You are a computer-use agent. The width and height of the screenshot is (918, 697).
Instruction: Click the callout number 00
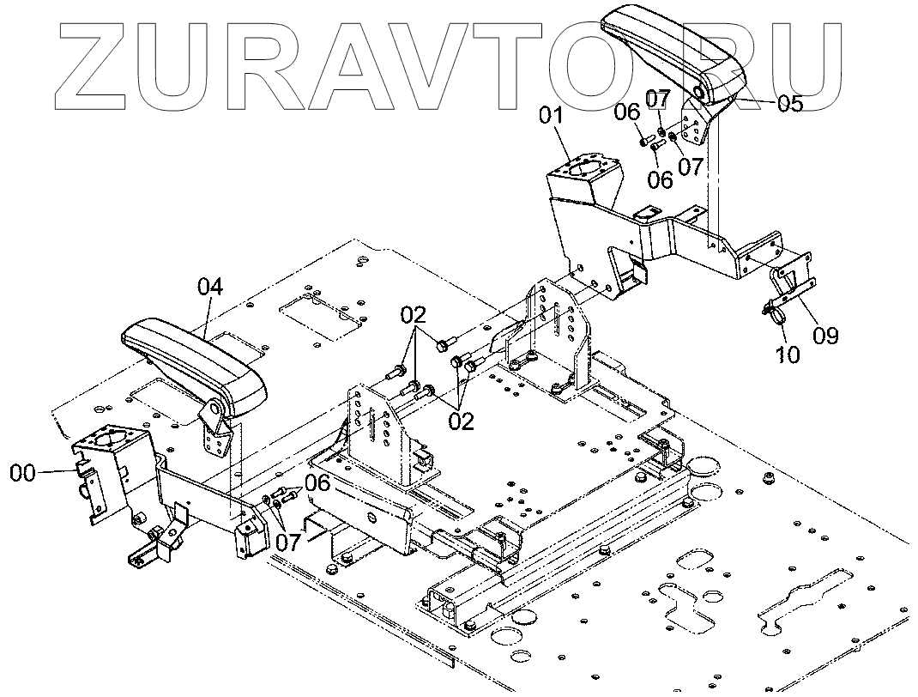(x=23, y=471)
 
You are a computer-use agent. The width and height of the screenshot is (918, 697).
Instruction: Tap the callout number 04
(x=210, y=288)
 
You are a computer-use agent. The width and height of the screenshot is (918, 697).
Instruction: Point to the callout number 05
(x=789, y=104)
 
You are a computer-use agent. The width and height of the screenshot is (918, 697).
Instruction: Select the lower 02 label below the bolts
(x=460, y=422)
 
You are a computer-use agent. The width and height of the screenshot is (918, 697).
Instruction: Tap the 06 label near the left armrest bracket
(x=317, y=482)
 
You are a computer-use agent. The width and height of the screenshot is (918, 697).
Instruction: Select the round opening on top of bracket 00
(x=112, y=440)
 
